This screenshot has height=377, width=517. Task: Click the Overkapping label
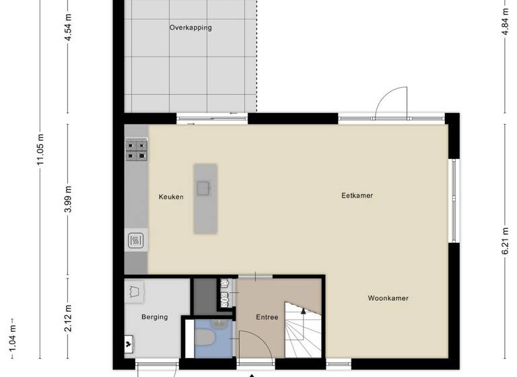click(x=190, y=28)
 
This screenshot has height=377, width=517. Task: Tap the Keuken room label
click(x=171, y=197)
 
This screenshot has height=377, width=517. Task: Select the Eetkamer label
click(x=357, y=196)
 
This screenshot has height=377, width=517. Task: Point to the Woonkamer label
click(x=388, y=298)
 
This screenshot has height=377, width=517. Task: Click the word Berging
click(x=154, y=317)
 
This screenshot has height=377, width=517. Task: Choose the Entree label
click(x=267, y=317)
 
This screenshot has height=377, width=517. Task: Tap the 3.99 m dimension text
click(x=67, y=199)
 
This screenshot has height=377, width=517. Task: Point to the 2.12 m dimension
click(x=67, y=314)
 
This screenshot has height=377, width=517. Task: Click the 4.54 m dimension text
click(x=67, y=28)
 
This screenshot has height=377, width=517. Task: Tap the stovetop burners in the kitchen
click(x=137, y=149)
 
